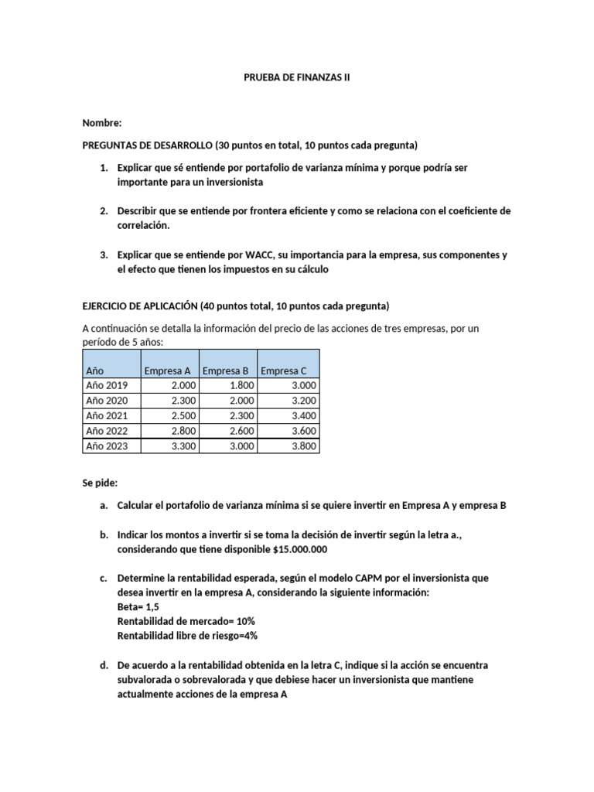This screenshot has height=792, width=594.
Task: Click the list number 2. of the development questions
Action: [x=103, y=210]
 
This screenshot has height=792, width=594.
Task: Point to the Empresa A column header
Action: [x=167, y=370]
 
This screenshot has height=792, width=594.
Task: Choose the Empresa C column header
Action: [x=284, y=370]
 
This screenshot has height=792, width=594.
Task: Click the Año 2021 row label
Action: [x=107, y=416]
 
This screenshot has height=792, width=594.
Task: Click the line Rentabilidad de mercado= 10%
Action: [x=186, y=621]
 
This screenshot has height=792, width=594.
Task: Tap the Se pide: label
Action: [x=100, y=483]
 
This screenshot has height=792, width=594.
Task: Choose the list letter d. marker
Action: [x=104, y=665]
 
